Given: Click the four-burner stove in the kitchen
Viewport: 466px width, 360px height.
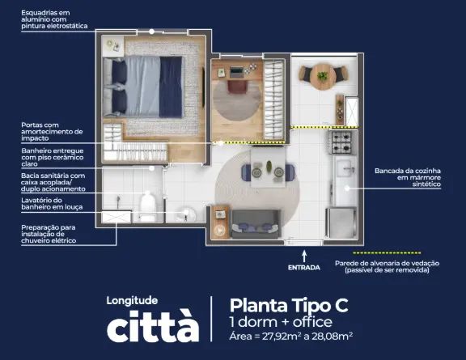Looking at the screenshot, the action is pyautogui.click(x=341, y=142).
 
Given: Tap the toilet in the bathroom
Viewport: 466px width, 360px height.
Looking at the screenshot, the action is pyautogui.click(x=148, y=206).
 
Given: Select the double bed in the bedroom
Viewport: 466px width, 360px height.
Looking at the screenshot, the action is pyautogui.click(x=142, y=87).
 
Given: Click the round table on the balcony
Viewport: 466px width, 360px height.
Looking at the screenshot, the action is pyautogui.click(x=323, y=76).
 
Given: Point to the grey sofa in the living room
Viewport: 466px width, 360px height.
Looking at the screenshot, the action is pyautogui.click(x=256, y=223).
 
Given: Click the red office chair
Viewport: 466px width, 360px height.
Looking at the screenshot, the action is pyautogui.click(x=237, y=87).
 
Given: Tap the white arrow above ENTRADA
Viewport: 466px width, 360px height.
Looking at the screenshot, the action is pyautogui.click(x=304, y=256).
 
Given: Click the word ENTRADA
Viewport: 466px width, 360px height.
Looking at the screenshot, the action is pyautogui.click(x=304, y=268).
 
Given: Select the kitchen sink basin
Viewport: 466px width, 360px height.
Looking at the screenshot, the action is pyautogui.click(x=345, y=167).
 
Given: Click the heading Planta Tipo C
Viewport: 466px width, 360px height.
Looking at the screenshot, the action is pyautogui.click(x=289, y=305).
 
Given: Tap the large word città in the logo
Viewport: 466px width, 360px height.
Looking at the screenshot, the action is pyautogui.click(x=153, y=326).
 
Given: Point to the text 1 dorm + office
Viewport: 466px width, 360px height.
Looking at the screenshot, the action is pyautogui.click(x=281, y=322).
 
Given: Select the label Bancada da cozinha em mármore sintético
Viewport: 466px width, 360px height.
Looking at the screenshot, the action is pyautogui.click(x=408, y=177).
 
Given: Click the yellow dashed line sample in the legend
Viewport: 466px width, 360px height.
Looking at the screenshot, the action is pyautogui.click(x=387, y=253).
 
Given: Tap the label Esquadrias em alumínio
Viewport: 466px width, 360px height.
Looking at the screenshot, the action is pyautogui.click(x=45, y=16).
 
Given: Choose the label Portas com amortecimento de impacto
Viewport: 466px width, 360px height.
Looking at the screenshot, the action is pyautogui.click(x=52, y=131).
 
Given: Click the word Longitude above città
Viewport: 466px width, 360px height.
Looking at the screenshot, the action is pyautogui.click(x=132, y=301).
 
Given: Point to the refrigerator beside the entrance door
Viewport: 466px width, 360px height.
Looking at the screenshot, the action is pyautogui.click(x=341, y=222).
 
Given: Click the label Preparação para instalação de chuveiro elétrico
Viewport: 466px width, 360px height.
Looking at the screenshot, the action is pyautogui.click(x=49, y=234).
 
